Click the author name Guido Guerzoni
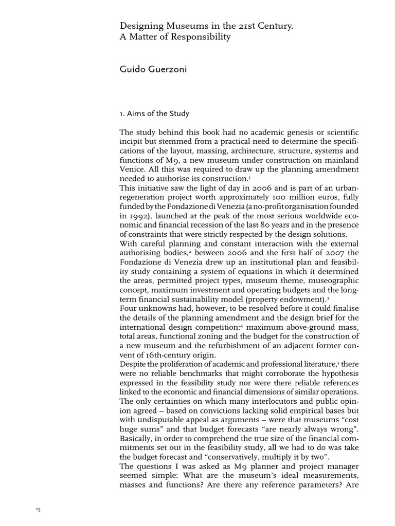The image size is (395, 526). coord(153,69)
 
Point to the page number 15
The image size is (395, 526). coord(38,510)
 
